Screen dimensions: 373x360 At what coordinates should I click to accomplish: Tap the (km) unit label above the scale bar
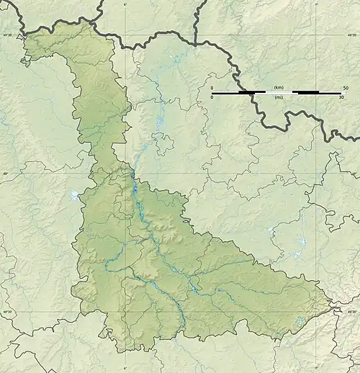(278, 87)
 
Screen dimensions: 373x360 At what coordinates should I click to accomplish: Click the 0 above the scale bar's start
(212, 87)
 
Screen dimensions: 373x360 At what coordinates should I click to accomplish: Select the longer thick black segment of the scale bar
(308, 93)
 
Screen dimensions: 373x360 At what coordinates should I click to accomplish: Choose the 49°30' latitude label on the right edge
(353, 34)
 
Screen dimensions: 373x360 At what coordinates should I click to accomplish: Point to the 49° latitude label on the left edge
(4, 174)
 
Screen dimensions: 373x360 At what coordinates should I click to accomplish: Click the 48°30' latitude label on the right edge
(353, 312)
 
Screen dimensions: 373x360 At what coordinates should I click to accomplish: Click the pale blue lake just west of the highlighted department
(74, 195)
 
